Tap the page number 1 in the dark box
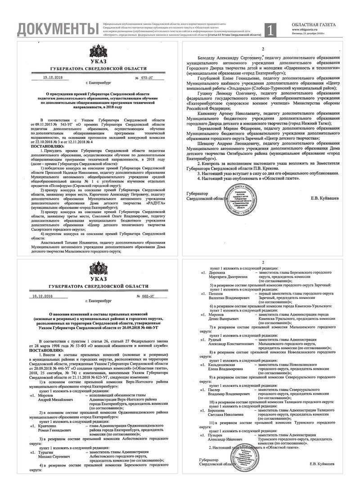click(270, 30)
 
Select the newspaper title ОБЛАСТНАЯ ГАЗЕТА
click(314, 23)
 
